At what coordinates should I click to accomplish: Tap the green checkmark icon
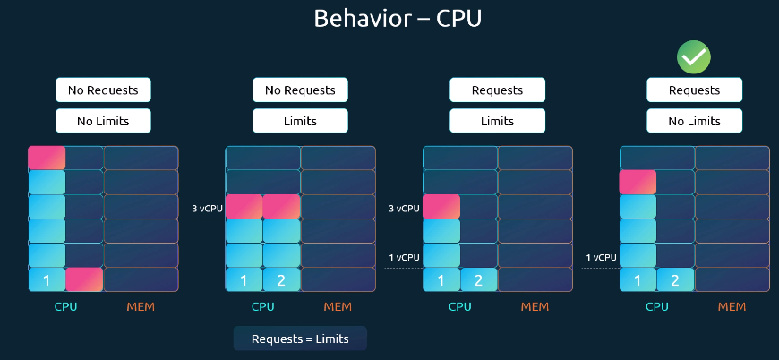pyautogui.click(x=694, y=57)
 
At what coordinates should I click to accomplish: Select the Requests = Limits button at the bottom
pyautogui.click(x=300, y=339)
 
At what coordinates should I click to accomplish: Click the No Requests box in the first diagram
pyautogui.click(x=103, y=90)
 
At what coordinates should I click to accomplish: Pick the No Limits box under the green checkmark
pyautogui.click(x=694, y=120)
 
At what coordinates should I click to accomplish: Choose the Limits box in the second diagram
pyautogui.click(x=300, y=120)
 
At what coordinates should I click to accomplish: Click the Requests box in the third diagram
pyautogui.click(x=497, y=90)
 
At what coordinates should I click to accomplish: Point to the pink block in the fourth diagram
pyautogui.click(x=638, y=183)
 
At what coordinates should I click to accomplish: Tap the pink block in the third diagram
pyautogui.click(x=441, y=207)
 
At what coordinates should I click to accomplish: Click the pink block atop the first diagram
pyautogui.click(x=47, y=159)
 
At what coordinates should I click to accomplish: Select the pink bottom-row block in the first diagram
pyautogui.click(x=84, y=279)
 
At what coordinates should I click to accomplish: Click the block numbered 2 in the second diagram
pyautogui.click(x=281, y=279)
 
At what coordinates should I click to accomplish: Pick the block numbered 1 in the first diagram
pyautogui.click(x=47, y=279)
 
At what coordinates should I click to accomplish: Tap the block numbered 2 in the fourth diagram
pyautogui.click(x=675, y=279)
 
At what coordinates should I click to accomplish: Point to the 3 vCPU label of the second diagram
pyautogui.click(x=206, y=209)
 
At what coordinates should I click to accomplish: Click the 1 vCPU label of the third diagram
pyautogui.click(x=403, y=257)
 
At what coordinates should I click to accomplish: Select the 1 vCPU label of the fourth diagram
pyautogui.click(x=601, y=257)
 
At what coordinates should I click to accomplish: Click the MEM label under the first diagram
pyautogui.click(x=141, y=307)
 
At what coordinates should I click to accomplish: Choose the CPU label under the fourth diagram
pyautogui.click(x=657, y=307)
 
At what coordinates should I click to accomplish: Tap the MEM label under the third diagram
pyautogui.click(x=535, y=307)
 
